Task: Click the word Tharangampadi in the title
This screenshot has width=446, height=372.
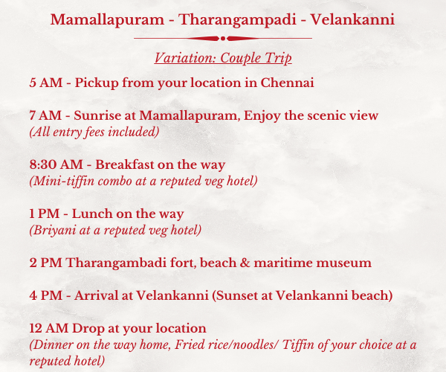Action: (238, 20)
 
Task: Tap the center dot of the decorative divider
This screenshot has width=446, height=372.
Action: (223, 38)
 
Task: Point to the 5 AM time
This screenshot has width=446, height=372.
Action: (46, 83)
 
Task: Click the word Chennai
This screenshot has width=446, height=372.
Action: (287, 83)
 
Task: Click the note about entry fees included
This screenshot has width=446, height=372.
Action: (94, 132)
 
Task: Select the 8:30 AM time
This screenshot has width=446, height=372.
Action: (56, 164)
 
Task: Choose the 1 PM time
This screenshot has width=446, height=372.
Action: (45, 214)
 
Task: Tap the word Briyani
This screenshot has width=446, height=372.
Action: (53, 230)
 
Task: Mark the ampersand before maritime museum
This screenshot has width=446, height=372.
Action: (245, 263)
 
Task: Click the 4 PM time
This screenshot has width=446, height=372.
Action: (46, 295)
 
